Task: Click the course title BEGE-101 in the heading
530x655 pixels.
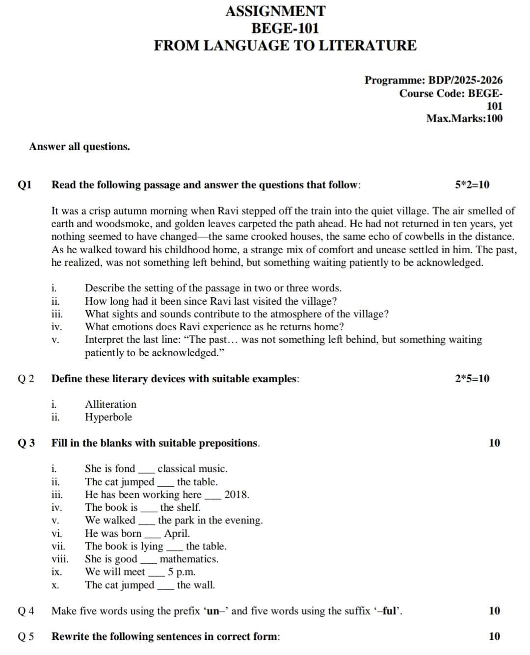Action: pyautogui.click(x=285, y=28)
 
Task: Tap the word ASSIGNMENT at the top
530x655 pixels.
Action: pyautogui.click(x=275, y=11)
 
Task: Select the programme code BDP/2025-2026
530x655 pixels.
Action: pyautogui.click(x=465, y=80)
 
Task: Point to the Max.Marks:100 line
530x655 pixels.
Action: pyautogui.click(x=464, y=118)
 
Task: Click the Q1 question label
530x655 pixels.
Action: pyautogui.click(x=25, y=185)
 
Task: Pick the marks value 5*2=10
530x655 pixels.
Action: pyautogui.click(x=472, y=185)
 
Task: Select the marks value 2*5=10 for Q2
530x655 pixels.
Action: pyautogui.click(x=472, y=379)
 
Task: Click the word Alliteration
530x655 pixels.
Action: pyautogui.click(x=110, y=404)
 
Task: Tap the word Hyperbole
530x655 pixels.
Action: pyautogui.click(x=108, y=417)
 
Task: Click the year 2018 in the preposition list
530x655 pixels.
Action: pyautogui.click(x=237, y=495)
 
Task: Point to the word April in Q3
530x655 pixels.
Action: pyautogui.click(x=177, y=533)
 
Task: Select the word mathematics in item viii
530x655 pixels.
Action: pyautogui.click(x=189, y=559)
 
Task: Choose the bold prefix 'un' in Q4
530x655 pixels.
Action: pyautogui.click(x=212, y=611)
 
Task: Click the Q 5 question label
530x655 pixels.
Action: pyautogui.click(x=26, y=637)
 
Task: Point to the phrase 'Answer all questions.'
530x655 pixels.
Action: pyautogui.click(x=79, y=147)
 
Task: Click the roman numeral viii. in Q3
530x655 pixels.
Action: pyautogui.click(x=60, y=559)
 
